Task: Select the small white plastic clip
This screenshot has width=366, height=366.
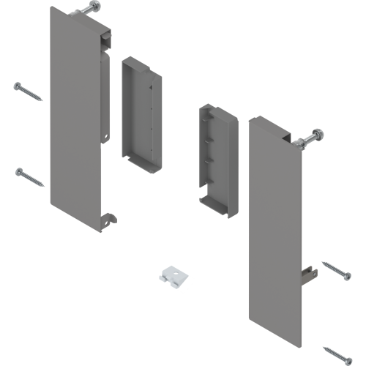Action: coord(176,276)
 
